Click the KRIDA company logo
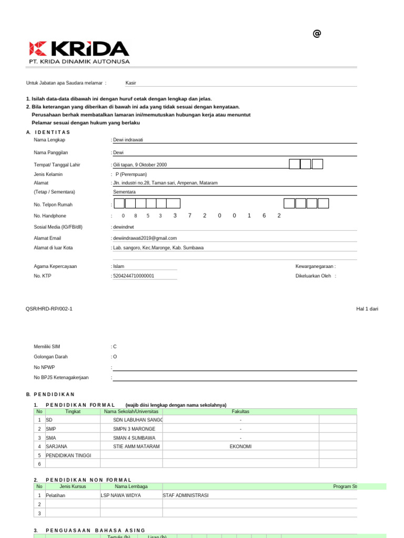coord(79,52)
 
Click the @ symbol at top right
coord(317,34)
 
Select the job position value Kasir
coord(130,83)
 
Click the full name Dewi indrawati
coord(128,140)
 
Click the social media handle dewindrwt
coord(124,227)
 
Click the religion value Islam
coord(119,266)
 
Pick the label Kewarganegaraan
coord(315,266)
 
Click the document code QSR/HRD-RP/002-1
coord(49,309)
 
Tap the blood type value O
coord(115,357)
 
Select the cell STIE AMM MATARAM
coord(136,446)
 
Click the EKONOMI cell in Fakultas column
coord(240,446)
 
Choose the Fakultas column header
coord(240,411)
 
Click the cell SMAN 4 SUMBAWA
coord(134,438)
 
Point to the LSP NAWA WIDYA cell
coord(121,495)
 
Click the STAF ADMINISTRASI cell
coord(186,495)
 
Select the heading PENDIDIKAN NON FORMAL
coord(89,480)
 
